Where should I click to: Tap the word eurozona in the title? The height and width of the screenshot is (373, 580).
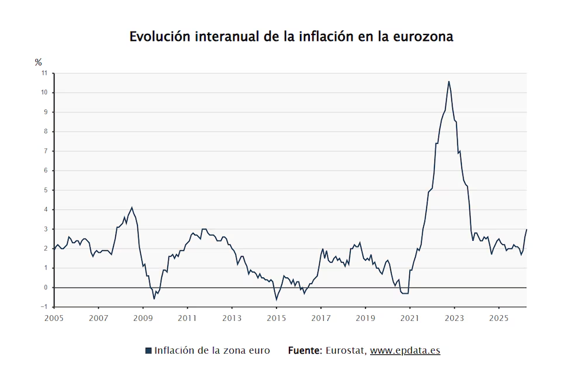tap(423, 37)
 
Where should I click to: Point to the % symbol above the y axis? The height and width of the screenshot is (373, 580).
tap(39, 62)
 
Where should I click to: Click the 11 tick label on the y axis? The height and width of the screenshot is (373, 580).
tap(44, 73)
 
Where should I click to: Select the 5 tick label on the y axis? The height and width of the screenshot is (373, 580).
tap(46, 190)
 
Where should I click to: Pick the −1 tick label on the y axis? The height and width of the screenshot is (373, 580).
tap(44, 307)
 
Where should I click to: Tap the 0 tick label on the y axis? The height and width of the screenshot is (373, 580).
tap(46, 287)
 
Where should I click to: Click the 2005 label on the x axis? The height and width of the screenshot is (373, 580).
tap(54, 318)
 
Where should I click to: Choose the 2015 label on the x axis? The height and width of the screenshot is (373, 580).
tap(277, 318)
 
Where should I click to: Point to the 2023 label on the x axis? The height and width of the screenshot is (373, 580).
tap(454, 318)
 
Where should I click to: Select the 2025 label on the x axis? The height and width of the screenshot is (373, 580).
tap(499, 318)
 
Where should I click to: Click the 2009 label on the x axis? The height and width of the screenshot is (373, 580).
tap(143, 318)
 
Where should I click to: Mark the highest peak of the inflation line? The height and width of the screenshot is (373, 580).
tap(448, 81)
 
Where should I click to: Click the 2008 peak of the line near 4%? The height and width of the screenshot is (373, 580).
tap(132, 208)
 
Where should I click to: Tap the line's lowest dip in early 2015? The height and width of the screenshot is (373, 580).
tap(276, 299)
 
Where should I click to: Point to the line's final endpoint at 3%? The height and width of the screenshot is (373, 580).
tap(526, 229)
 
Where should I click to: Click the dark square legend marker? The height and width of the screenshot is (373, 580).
tap(149, 350)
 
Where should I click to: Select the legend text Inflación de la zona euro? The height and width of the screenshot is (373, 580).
tap(212, 350)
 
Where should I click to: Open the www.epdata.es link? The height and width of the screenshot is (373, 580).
tap(405, 351)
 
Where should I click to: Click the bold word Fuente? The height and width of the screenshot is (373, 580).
tap(305, 350)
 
